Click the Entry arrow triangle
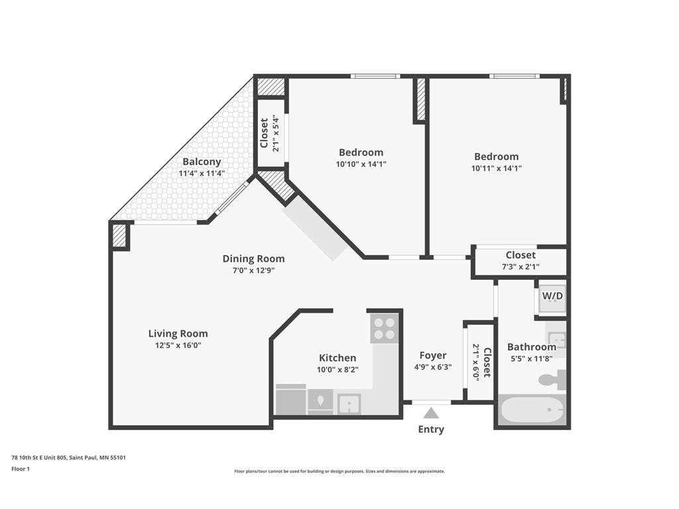point(431,413)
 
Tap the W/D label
point(552,296)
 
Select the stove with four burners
point(383,327)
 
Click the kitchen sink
point(348,403)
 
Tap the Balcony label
point(202,162)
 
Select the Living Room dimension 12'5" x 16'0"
point(178,345)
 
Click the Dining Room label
point(253,258)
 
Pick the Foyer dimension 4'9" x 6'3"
point(432,367)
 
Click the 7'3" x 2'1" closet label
point(521,267)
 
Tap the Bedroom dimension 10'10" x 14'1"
point(361,164)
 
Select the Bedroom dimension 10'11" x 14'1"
point(496,168)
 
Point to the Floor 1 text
point(21,469)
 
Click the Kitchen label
point(337,358)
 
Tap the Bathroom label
point(531,347)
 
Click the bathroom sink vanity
point(557,341)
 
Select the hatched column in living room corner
point(119,235)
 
